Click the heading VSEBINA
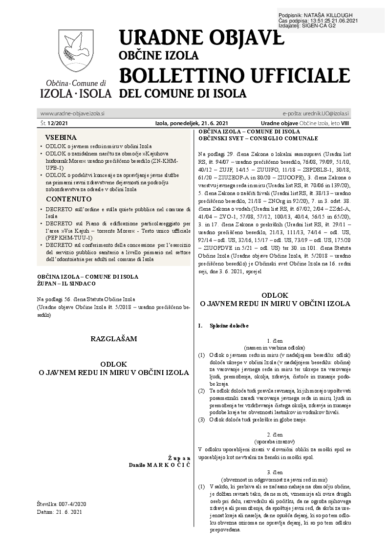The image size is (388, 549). [x=61, y=137]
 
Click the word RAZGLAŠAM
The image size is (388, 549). [x=114, y=338]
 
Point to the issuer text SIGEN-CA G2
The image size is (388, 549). [x=320, y=26]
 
